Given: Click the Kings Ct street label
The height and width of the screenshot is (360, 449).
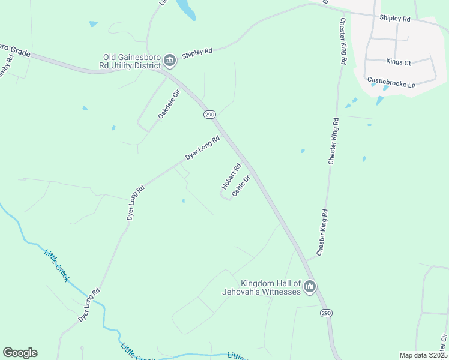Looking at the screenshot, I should pos(399,62).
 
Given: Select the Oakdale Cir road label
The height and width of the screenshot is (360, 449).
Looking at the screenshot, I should pos(169,104).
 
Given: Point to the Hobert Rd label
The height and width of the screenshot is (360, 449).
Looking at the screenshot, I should pos(231,176).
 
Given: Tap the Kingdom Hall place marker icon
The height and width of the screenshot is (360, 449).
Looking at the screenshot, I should pos(310,287).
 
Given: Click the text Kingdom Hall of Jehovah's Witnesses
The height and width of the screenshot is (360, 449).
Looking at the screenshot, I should pos(270,287).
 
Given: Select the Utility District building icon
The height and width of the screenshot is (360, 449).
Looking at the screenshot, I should pos(170,60).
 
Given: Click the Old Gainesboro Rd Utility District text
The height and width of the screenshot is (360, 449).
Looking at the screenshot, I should pos(131,61).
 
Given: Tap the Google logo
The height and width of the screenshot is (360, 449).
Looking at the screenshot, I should pos(20,353).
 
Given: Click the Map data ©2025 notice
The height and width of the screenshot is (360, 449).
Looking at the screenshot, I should pos(423,355).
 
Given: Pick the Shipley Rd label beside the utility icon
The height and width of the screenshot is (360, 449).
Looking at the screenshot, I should pos(197,52).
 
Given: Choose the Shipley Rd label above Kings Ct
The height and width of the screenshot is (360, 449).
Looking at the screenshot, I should pos(394,19).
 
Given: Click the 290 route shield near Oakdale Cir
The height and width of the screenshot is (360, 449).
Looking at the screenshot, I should pos(209,115).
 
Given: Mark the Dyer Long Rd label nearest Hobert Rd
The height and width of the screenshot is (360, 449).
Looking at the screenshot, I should pos(202,148).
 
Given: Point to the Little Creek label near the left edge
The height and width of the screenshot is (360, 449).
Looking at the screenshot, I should pos(57,266).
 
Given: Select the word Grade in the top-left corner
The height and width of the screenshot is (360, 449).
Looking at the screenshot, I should pos(18,50).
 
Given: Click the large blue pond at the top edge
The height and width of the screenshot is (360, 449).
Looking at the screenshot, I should pos(187,9).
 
